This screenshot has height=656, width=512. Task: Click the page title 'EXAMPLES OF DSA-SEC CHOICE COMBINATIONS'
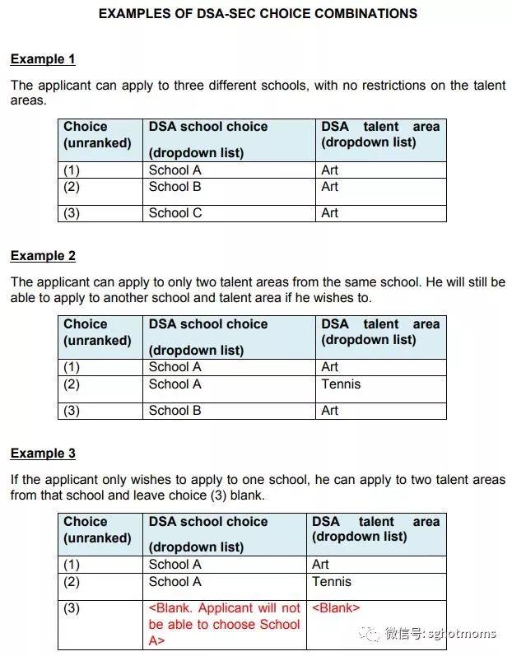tap(258, 14)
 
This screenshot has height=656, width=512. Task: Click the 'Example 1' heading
tap(43, 59)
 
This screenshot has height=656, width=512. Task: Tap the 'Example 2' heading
tap(43, 256)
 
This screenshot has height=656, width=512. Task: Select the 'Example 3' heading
tap(43, 454)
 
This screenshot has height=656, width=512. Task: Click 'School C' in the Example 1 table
tap(175, 213)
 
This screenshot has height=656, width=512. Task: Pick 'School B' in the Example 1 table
tap(175, 187)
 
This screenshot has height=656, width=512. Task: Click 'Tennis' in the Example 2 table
tap(341, 384)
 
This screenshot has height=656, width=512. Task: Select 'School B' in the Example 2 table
tap(175, 411)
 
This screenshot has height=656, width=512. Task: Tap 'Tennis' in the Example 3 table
tap(332, 582)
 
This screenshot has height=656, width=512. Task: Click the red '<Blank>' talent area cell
tap(335, 608)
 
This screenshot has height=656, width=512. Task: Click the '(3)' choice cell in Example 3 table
tap(72, 609)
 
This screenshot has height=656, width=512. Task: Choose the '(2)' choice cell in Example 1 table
tap(72, 187)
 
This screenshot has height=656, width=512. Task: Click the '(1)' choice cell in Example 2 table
tap(72, 367)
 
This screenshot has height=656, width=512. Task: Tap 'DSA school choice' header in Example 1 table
tap(208, 127)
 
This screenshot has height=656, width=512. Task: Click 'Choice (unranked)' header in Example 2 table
tap(97, 333)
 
